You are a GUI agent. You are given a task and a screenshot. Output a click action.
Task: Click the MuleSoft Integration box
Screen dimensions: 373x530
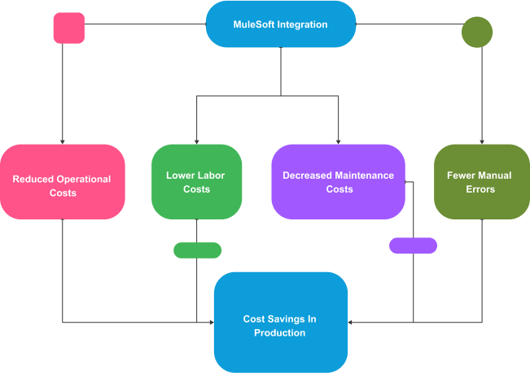coord(281,24)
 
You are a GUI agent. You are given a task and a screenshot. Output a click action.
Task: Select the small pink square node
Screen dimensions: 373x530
coord(68,28)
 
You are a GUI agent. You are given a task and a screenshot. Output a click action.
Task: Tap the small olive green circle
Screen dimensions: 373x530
coord(477,32)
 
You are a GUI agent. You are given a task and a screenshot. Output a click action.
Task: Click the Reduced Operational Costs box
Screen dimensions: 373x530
coord(62,182)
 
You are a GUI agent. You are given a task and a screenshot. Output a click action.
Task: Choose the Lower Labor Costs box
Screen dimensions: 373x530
coord(197,182)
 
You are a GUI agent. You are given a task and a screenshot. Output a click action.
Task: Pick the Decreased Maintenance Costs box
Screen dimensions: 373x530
coord(338,182)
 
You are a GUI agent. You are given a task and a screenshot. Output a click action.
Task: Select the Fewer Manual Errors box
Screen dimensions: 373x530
coord(482,182)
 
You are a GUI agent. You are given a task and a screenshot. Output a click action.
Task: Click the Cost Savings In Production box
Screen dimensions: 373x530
coord(280,323)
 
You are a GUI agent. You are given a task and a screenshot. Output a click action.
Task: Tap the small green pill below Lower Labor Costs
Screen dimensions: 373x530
coord(197,250)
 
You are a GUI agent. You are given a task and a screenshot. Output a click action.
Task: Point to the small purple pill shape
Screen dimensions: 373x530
coord(413,245)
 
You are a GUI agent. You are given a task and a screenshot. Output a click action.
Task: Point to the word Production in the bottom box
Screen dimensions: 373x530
coord(280,332)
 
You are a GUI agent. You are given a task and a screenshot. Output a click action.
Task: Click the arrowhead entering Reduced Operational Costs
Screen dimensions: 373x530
coord(62,141)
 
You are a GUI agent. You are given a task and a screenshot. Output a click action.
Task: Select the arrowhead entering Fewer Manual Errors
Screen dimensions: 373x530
coord(483,141)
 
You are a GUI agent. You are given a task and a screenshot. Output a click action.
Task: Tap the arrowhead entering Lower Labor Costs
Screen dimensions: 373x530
coord(197,141)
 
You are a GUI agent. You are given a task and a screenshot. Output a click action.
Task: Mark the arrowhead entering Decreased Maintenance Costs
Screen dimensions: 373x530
coord(338,141)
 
